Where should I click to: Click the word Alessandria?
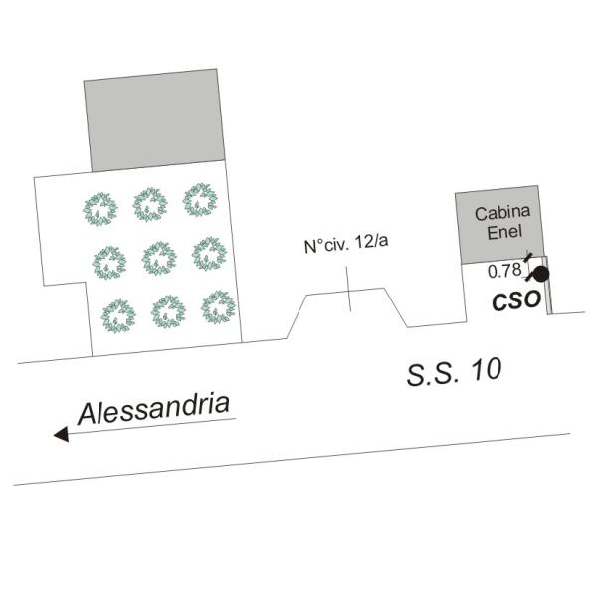[x=154, y=408]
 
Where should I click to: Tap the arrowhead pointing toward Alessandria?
[x=61, y=434]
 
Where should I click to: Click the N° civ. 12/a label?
[x=346, y=244]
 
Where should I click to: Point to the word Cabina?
[x=502, y=213]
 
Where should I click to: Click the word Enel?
[x=504, y=232]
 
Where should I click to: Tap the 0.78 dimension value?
[x=504, y=271]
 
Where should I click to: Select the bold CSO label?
[x=516, y=300]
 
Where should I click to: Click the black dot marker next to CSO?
[x=541, y=275]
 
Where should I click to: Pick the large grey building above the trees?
[x=154, y=120]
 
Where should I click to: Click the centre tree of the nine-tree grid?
[x=159, y=258]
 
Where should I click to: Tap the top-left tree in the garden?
[x=100, y=209]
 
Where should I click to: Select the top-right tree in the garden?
[x=200, y=200]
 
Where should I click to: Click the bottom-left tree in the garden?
[x=118, y=316]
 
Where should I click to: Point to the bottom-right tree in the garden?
[x=219, y=307]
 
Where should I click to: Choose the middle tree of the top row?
[x=150, y=204]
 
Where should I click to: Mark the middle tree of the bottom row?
[x=168, y=311]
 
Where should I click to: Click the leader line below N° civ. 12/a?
[x=348, y=290]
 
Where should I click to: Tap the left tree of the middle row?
[x=109, y=263]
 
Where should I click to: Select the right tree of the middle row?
[x=209, y=254]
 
